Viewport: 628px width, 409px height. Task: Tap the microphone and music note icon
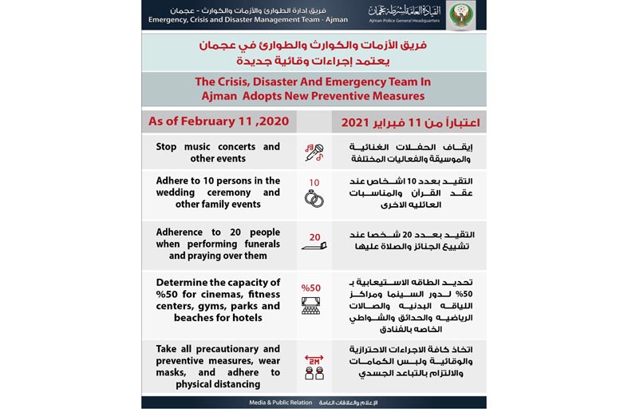pyautogui.click(x=314, y=153)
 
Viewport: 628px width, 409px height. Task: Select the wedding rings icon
pyautogui.click(x=314, y=198)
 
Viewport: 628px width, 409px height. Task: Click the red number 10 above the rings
pyautogui.click(x=314, y=182)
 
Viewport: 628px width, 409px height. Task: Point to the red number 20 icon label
pyautogui.click(x=314, y=237)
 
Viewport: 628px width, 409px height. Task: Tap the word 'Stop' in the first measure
pyautogui.click(x=168, y=146)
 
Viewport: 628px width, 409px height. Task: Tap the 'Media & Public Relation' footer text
pyautogui.click(x=276, y=403)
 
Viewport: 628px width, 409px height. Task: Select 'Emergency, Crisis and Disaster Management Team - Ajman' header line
pyautogui.click(x=248, y=20)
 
